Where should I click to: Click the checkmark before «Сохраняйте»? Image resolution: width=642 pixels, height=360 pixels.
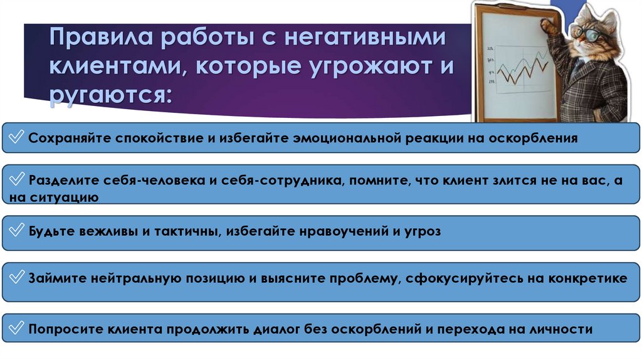pos(18,137)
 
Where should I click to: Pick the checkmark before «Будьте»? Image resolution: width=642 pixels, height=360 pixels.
pos(18,231)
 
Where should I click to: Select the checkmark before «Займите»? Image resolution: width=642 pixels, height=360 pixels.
pos(18,278)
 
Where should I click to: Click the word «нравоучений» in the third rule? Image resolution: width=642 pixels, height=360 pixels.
pos(337,231)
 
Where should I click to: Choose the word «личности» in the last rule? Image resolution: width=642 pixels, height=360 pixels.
pos(559,329)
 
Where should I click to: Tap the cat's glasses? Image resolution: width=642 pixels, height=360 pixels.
pos(591,33)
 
